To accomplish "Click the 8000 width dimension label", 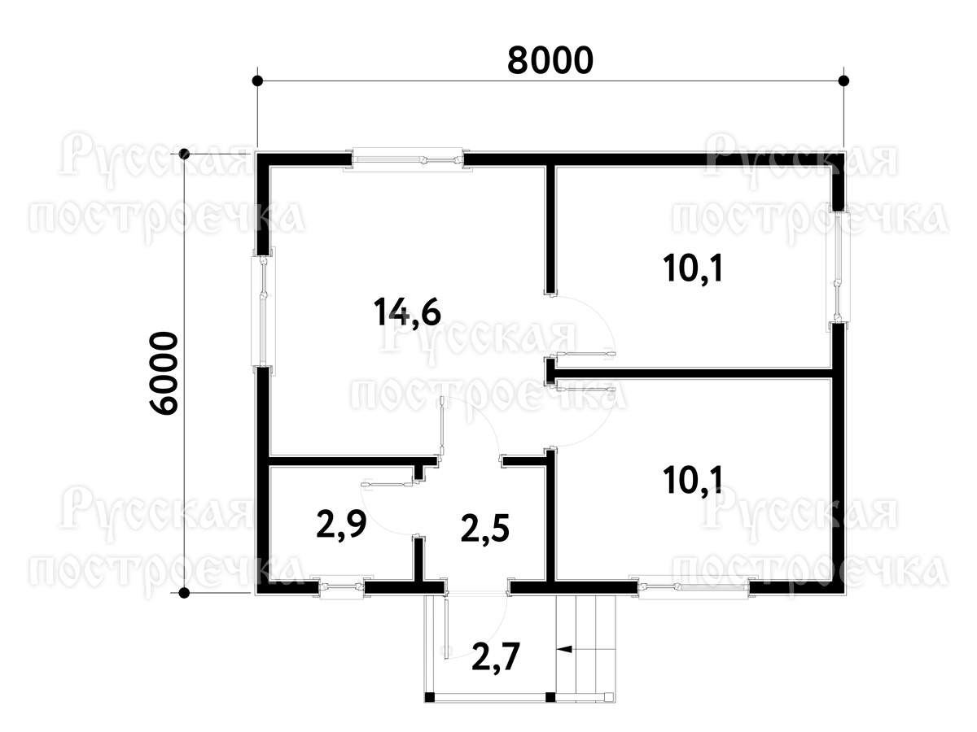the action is click(x=550, y=59).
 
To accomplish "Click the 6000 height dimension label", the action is click(x=164, y=373).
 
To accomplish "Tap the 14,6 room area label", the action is click(x=407, y=312).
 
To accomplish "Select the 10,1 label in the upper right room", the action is click(x=692, y=269).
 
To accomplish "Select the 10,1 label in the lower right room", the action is click(x=692, y=481).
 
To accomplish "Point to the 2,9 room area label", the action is click(x=341, y=525).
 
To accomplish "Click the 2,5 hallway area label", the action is click(x=484, y=529).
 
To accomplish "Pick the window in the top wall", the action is click(x=407, y=159).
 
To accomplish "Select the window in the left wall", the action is click(x=263, y=312).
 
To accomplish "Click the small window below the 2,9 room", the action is click(x=342, y=587).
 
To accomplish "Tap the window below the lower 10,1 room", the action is click(x=694, y=587).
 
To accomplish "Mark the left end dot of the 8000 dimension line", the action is click(x=256, y=81).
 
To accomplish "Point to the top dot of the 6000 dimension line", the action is click(x=184, y=155).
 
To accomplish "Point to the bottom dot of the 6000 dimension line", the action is click(x=184, y=592).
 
